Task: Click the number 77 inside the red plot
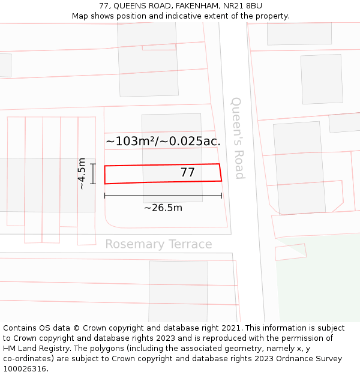pyautogui.click(x=187, y=173)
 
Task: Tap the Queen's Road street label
pyautogui.click(x=238, y=138)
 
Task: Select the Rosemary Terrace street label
pyautogui.click(x=158, y=244)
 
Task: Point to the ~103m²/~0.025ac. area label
pyautogui.click(x=163, y=142)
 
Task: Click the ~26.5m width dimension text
pyautogui.click(x=163, y=208)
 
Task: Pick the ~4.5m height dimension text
pyautogui.click(x=82, y=173)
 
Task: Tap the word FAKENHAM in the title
pyautogui.click(x=197, y=6)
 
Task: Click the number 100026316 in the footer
pyautogui.click(x=25, y=368)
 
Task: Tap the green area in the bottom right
pyautogui.click(x=318, y=282)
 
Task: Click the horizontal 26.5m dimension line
pyautogui.click(x=163, y=196)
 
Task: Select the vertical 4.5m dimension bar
pyautogui.click(x=93, y=173)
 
